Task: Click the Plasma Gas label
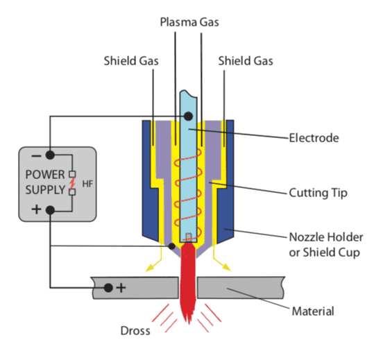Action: [x=189, y=22]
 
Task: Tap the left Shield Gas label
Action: [x=131, y=61]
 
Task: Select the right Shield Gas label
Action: [x=246, y=61]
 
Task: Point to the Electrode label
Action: [x=314, y=138]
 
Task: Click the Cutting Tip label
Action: [x=318, y=193]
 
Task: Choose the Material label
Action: [x=313, y=311]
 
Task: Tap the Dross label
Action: [x=135, y=331]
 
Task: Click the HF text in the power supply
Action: [x=87, y=184]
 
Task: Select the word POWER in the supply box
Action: [x=45, y=175]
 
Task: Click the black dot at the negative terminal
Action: [x=50, y=155]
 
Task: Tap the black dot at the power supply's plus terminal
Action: [x=50, y=210]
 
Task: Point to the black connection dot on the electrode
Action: [x=188, y=116]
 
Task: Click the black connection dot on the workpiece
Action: [x=108, y=288]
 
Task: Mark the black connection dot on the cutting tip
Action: [x=171, y=246]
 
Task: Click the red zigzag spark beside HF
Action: [x=72, y=182]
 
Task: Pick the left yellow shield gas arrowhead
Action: [x=150, y=268]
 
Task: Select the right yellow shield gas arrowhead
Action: [x=226, y=267]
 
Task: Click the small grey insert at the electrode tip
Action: [x=189, y=237]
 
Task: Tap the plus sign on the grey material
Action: [x=121, y=288]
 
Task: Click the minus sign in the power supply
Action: [x=36, y=156]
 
